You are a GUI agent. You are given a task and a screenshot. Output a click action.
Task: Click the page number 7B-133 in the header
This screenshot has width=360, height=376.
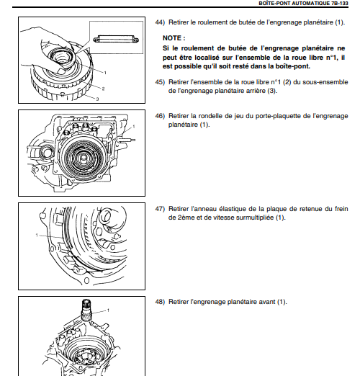point(338,4)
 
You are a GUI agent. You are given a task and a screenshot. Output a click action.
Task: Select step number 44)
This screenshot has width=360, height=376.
point(160,22)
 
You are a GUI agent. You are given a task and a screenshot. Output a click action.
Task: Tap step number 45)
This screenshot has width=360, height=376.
point(160,82)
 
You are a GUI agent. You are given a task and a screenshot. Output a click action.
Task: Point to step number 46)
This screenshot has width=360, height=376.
point(160,116)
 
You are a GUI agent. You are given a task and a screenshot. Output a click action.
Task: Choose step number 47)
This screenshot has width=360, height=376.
point(160,209)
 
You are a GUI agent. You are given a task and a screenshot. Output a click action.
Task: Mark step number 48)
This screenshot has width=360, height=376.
point(160,302)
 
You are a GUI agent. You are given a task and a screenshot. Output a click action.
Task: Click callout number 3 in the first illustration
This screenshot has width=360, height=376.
point(97,99)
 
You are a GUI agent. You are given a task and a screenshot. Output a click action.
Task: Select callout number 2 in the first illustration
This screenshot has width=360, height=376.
point(103,89)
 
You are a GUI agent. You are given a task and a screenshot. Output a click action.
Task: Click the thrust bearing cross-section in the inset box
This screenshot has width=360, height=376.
point(116,39)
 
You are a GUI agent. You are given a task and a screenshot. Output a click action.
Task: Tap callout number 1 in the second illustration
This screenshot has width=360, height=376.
point(134,126)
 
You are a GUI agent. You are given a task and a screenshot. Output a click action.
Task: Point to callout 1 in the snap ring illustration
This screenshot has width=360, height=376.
point(37,235)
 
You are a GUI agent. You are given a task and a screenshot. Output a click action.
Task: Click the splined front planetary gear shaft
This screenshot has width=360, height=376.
point(86,310)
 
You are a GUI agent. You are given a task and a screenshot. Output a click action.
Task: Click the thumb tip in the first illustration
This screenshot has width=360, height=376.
point(61,71)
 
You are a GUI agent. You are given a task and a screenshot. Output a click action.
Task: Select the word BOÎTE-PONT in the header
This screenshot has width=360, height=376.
point(272,4)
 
